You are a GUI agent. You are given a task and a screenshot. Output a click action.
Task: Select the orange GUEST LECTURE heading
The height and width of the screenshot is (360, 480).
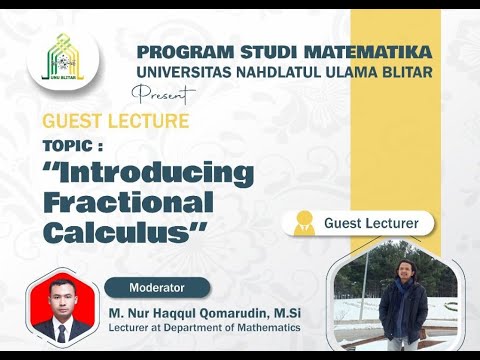(115, 122)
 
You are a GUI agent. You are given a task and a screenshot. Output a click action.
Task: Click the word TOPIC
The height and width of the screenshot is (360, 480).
(72, 145)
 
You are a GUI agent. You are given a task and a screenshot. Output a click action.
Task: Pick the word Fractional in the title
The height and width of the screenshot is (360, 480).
(129, 203)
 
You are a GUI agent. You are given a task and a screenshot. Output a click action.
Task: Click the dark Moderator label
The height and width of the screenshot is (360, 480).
(157, 288)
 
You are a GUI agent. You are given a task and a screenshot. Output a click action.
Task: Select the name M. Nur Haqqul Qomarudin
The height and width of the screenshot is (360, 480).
(195, 312)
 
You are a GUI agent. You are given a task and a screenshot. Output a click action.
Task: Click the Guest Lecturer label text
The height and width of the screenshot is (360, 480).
(371, 222)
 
